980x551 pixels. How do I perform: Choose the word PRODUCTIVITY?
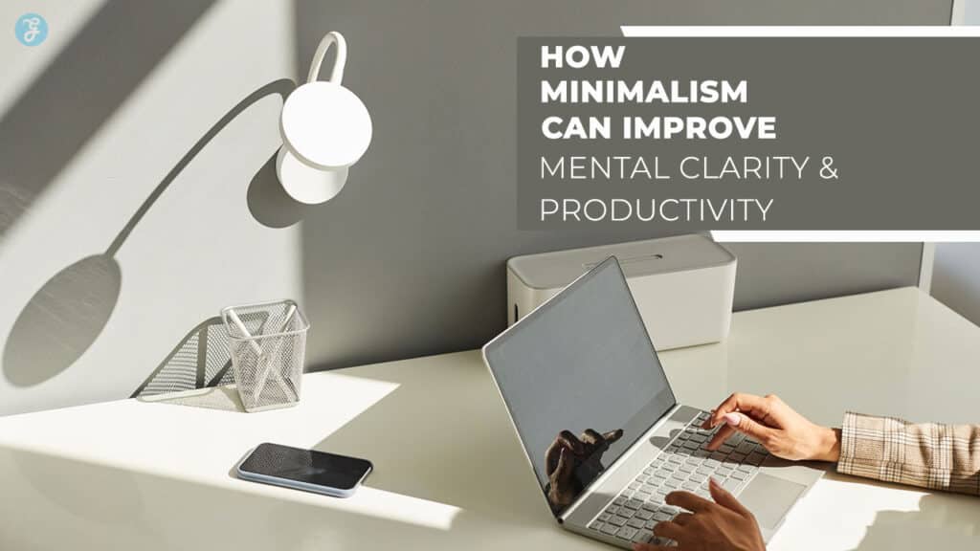tap(656, 209)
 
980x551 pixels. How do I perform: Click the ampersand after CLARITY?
tap(829, 168)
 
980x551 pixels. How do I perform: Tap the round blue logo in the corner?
tap(31, 29)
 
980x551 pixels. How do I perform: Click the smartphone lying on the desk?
tap(304, 468)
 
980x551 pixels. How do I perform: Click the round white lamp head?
tap(325, 124)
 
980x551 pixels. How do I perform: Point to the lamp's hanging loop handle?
tap(328, 57)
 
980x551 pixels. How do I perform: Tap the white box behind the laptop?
tap(622, 287)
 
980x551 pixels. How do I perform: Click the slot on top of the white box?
tap(622, 258)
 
